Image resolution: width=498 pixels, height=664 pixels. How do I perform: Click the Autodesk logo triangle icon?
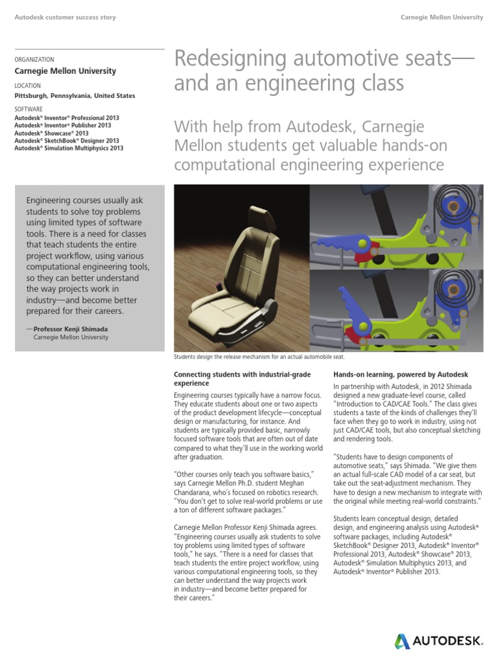click(402, 641)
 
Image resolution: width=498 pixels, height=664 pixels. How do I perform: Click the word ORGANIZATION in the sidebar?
click(34, 59)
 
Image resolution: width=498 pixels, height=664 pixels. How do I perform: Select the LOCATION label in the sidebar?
click(27, 86)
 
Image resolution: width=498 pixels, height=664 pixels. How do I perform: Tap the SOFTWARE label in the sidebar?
click(29, 110)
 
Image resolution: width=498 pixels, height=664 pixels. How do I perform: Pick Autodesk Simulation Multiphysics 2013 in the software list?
click(68, 148)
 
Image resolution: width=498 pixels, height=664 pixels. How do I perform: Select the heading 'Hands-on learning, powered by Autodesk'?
click(400, 375)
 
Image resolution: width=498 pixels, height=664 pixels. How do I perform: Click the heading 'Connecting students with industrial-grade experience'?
click(242, 379)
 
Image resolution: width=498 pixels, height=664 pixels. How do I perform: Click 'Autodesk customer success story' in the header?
click(65, 18)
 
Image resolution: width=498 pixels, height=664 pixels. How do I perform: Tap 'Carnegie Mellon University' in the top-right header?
click(442, 18)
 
